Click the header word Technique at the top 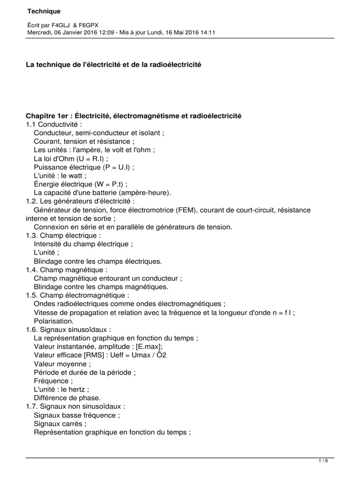coord(44,11)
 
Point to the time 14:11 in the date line coord(207,32)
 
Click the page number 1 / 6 coord(323,461)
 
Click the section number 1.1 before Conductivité coord(31,124)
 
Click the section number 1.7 coord(32,406)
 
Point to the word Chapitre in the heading coord(40,115)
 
